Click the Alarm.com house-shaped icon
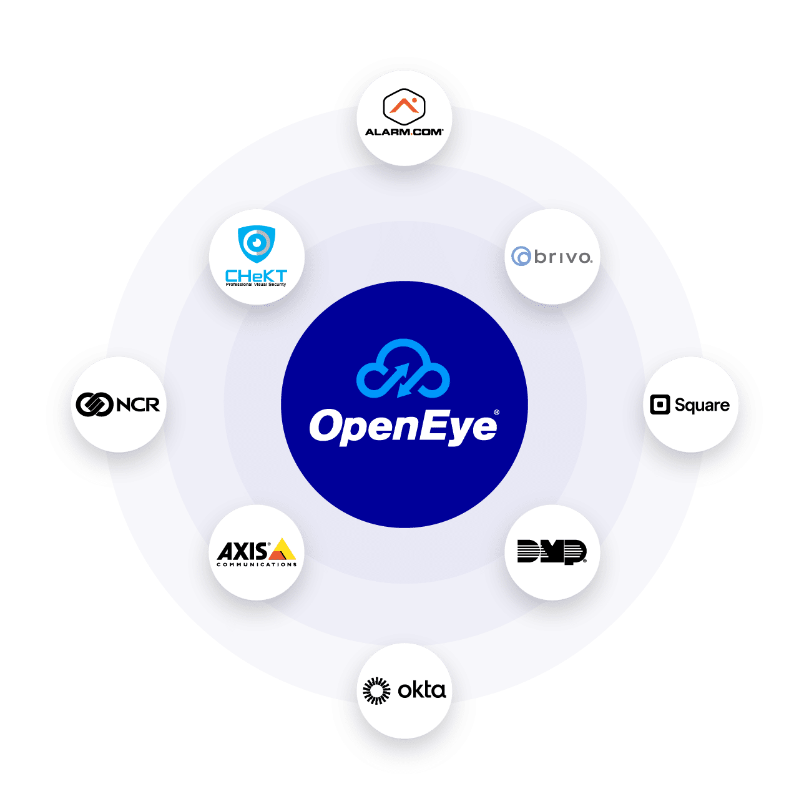pos(404,105)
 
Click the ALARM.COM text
pos(404,132)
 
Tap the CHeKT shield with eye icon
pos(257,243)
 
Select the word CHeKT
pos(256,275)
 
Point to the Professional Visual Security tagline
pos(256,285)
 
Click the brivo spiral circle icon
pos(521,257)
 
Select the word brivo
pos(563,257)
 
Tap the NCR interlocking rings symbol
pos(94,405)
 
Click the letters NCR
pos(138,405)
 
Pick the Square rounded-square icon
pos(660,405)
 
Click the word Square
pos(702,406)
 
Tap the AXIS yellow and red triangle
pos(282,550)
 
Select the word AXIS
pos(243,552)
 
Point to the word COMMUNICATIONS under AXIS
pos(257,565)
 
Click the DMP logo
pos(552,552)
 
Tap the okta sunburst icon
pos(376,690)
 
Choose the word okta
pos(422,690)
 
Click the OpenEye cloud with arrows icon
pos(403,369)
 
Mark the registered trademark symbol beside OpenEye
pos(496,413)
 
